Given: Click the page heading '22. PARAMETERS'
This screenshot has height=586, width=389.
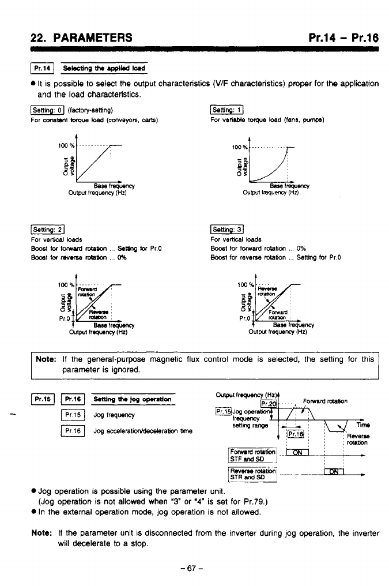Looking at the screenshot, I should (81, 38).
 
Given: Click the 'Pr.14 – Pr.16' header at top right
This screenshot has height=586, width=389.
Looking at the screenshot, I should (343, 38).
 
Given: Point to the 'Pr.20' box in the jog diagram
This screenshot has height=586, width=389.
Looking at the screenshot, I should (269, 403).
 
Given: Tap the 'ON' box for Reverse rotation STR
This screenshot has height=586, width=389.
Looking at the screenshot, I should (334, 473).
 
